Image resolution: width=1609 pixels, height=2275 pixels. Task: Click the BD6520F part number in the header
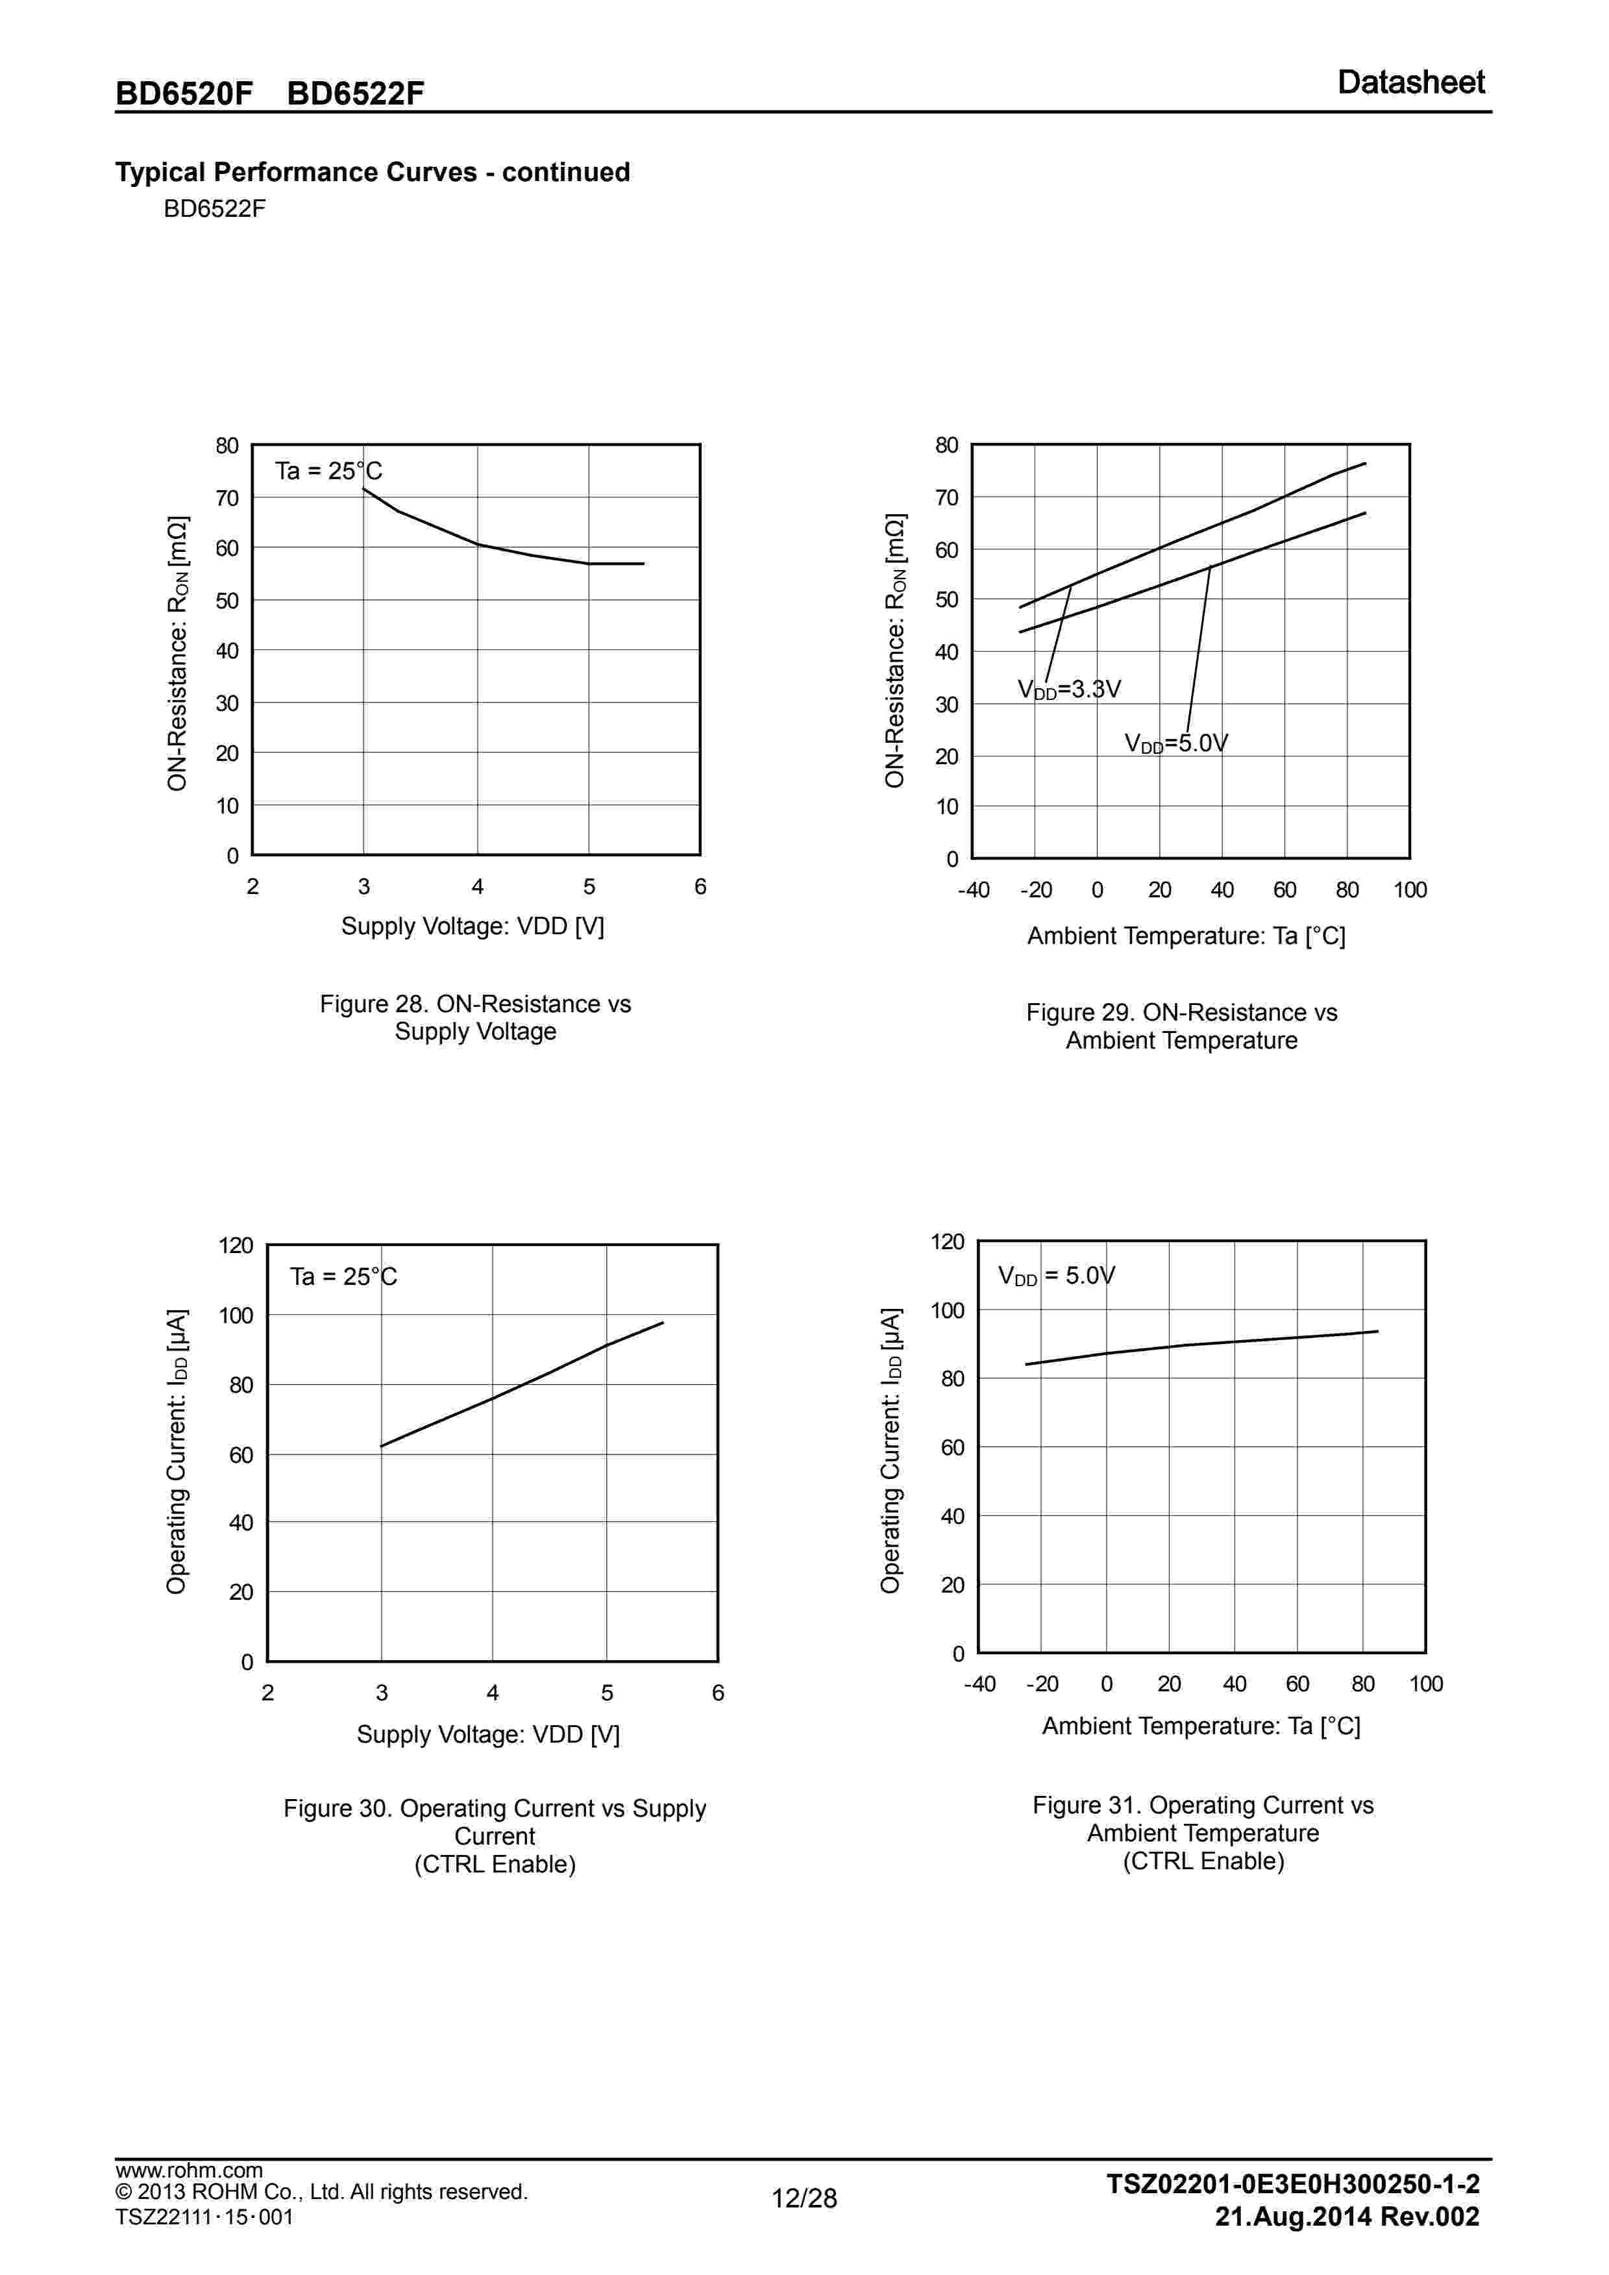(x=184, y=93)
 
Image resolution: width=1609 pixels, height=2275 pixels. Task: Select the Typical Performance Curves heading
(x=373, y=173)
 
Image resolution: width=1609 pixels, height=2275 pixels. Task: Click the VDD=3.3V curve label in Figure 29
(x=1069, y=690)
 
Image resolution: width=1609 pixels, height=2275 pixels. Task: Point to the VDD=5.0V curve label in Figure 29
(x=1176, y=743)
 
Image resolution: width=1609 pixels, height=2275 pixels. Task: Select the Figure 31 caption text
(x=1203, y=1832)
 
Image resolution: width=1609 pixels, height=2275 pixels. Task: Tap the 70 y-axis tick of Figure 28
(x=228, y=499)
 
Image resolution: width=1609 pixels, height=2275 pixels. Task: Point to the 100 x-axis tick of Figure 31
(x=1426, y=1684)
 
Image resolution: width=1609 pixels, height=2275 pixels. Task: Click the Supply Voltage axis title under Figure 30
(x=487, y=1734)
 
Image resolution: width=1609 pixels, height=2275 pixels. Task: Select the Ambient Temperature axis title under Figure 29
(x=1186, y=936)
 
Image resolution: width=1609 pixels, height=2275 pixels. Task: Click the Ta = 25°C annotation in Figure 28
(x=328, y=471)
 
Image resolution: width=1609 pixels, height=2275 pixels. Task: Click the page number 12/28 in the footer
(x=805, y=2226)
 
